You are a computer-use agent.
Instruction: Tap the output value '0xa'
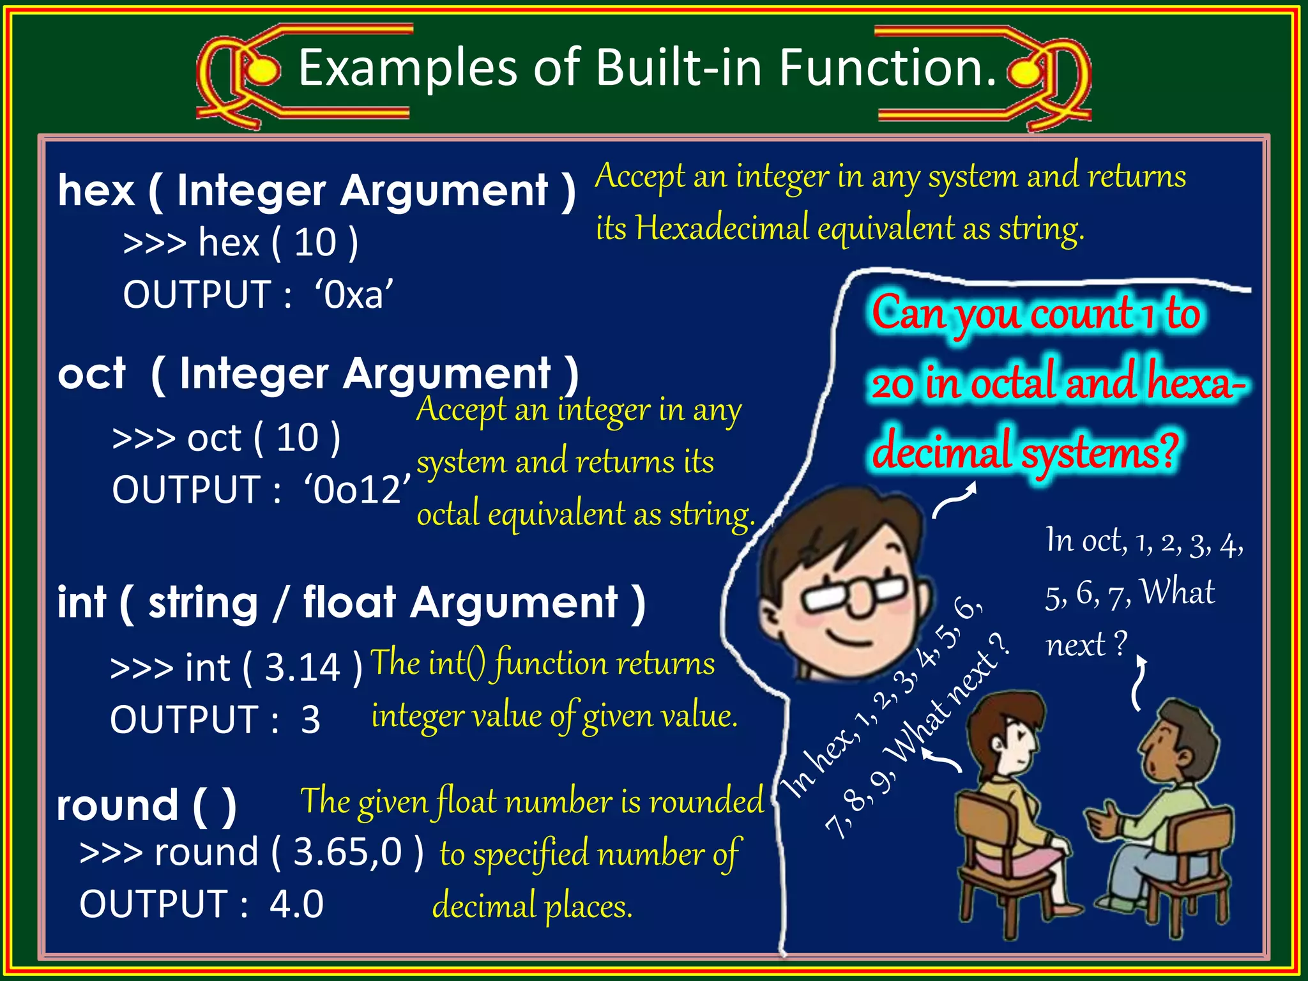[x=354, y=295]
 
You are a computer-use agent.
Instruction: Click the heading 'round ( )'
[x=146, y=805]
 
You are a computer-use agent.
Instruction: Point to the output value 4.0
[x=296, y=904]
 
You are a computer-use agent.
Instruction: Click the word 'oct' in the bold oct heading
[x=91, y=374]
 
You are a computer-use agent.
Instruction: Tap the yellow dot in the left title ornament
[x=262, y=71]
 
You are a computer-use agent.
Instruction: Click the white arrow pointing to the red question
[x=955, y=501]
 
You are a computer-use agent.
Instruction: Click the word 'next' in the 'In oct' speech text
[x=1076, y=645]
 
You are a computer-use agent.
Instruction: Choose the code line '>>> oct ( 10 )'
[x=226, y=439]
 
